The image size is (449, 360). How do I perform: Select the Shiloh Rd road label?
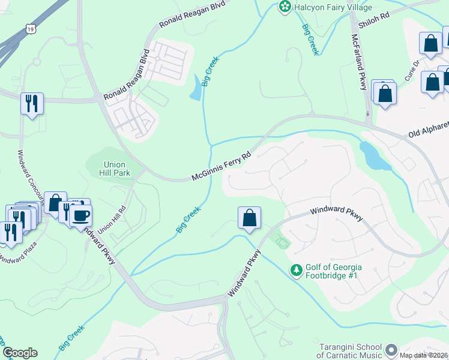click(x=373, y=20)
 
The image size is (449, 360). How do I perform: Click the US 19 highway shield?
click(x=29, y=28)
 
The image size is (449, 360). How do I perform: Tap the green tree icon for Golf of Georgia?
click(x=296, y=271)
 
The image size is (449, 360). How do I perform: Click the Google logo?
click(x=20, y=353)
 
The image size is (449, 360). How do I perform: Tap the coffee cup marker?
click(x=80, y=215)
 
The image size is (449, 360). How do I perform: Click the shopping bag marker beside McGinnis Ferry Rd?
click(x=249, y=218)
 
